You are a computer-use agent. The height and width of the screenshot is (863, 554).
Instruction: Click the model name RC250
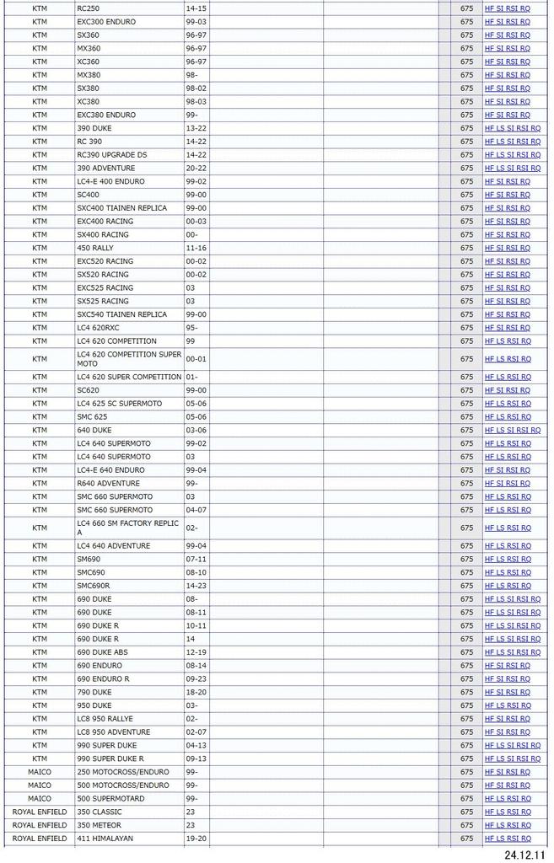pos(88,8)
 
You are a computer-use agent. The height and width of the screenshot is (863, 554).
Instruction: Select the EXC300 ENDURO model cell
pos(105,22)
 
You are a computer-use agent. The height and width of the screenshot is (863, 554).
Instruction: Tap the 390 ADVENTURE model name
pos(105,169)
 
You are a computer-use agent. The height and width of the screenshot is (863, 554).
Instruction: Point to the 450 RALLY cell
pos(94,248)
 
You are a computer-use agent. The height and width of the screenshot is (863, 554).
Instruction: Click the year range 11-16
pos(196,248)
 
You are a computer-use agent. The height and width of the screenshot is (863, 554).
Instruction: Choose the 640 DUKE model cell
pos(94,431)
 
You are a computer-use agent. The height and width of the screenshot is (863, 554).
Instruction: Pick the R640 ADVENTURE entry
pos(108,484)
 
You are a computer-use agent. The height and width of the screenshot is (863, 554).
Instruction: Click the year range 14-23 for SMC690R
pos(196,586)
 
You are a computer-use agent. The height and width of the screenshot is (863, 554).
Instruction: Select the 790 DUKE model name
pos(94,692)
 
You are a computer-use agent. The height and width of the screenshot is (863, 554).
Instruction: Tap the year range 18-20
pos(196,692)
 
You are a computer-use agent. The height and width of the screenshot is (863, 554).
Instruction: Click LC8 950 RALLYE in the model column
pos(105,719)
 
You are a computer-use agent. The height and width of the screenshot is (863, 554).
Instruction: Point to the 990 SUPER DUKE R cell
pos(110,758)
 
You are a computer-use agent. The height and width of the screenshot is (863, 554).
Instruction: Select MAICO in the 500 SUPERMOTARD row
pos(40,798)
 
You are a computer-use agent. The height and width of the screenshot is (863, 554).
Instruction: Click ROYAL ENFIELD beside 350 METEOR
pos(40,825)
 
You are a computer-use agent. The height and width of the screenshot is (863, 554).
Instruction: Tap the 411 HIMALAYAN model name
pos(105,839)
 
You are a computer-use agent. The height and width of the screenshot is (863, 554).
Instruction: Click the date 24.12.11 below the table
pos(524,854)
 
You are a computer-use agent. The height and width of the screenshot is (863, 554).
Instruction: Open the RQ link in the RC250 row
pos(525,8)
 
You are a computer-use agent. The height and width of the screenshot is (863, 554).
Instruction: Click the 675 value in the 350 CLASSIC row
pos(466,812)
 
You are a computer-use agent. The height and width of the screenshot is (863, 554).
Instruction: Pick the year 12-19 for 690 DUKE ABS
pos(196,652)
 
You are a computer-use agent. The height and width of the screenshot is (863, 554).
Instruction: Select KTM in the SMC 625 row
pos(40,417)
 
